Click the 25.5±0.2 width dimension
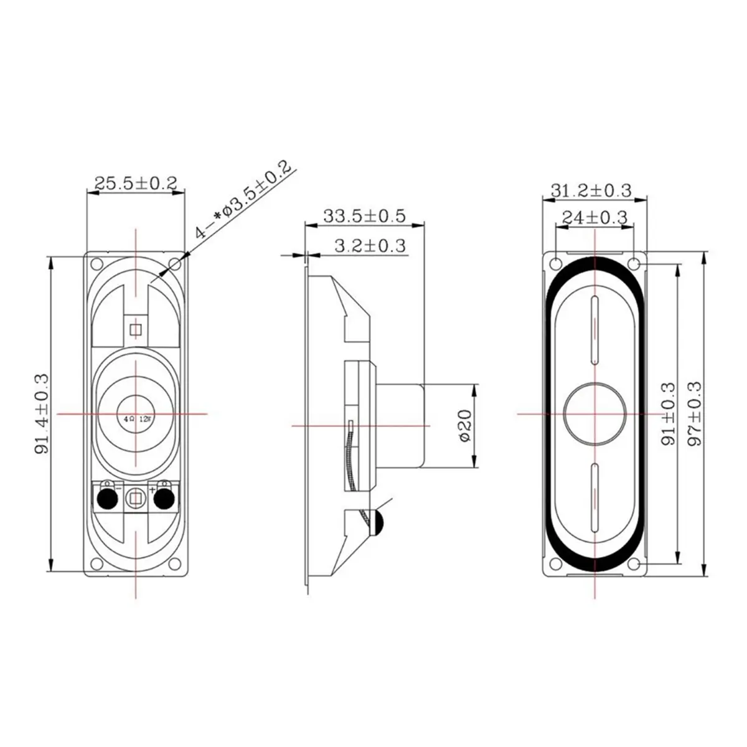coord(136,183)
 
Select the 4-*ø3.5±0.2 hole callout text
coord(243,199)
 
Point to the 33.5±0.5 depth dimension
coord(364,216)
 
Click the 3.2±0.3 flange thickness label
coord(370,246)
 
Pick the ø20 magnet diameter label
coord(465,426)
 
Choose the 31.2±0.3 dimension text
coord(591,190)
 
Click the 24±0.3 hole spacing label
coord(594,217)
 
